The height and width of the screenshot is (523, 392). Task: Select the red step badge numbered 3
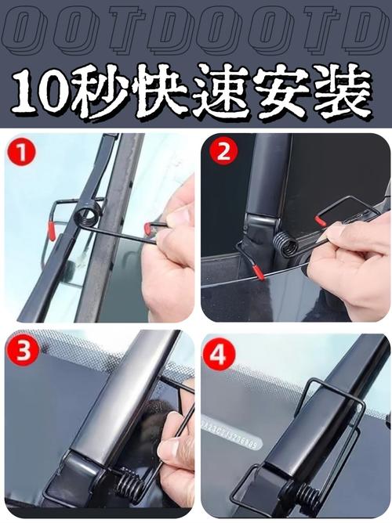pyautogui.click(x=24, y=351)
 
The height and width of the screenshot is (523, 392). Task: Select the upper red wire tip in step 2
pyautogui.click(x=321, y=222)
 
